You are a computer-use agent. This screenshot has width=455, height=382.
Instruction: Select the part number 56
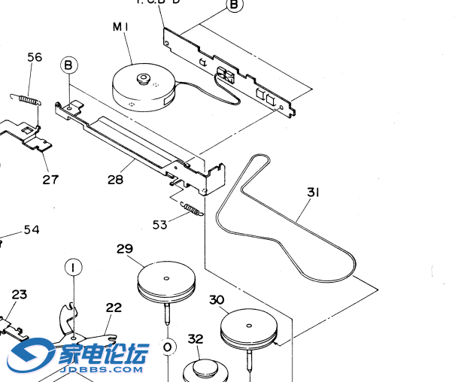tap(35, 57)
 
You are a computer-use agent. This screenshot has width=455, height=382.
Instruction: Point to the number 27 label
tap(50, 179)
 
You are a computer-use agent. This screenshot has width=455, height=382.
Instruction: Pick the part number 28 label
tap(115, 180)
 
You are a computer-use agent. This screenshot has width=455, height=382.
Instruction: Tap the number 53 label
tap(159, 223)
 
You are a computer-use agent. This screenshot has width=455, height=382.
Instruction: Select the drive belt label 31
tap(313, 193)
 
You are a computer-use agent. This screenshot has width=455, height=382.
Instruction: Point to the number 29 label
tap(125, 249)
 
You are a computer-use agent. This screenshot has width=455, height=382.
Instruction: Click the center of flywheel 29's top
tap(165, 278)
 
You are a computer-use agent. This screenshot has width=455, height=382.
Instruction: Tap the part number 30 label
tap(217, 300)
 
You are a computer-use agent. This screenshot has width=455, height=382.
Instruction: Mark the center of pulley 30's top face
tap(248, 326)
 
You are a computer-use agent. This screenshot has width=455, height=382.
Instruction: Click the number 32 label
tap(196, 339)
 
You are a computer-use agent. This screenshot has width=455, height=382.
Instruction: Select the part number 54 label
tap(32, 229)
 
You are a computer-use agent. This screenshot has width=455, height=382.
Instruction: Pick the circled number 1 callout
tap(73, 267)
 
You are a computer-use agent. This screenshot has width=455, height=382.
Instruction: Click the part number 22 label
tap(114, 308)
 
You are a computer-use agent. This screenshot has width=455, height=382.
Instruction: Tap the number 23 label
tap(19, 294)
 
